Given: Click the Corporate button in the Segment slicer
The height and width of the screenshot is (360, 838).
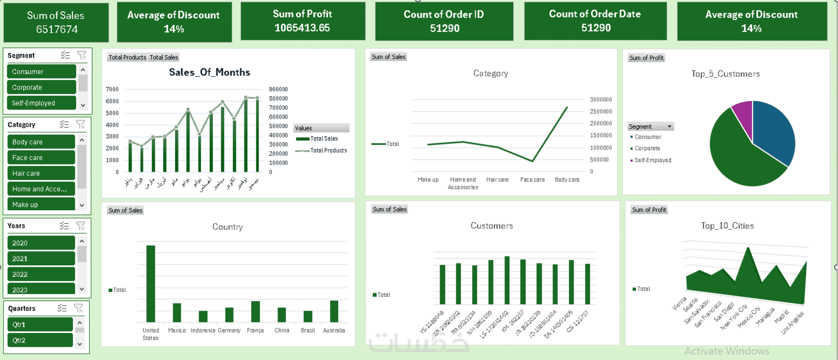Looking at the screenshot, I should point(41,87).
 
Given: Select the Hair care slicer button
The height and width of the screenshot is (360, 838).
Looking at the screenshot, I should point(41,173).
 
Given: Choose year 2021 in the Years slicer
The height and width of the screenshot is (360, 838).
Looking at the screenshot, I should point(41,258).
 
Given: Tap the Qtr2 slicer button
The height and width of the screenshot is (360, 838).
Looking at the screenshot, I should point(40,340).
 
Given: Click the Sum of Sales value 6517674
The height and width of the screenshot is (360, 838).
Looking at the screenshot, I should point(57,30).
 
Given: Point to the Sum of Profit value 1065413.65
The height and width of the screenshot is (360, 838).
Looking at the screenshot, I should point(302,28).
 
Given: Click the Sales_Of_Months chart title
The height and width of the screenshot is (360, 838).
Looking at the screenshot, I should point(209,72).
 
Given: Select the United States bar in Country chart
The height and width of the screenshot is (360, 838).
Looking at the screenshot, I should point(151,284).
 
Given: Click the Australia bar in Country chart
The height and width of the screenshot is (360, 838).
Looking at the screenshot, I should point(334,311).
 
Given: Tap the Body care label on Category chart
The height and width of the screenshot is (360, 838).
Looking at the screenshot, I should point(567,180).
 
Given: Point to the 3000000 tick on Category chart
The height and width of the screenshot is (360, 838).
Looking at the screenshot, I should point(600,100).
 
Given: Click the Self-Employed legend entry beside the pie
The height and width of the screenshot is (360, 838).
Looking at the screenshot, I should point(653,160).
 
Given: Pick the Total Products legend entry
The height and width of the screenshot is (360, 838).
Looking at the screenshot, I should point(328,150).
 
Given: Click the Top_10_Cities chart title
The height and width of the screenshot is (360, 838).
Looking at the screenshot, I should point(727,226).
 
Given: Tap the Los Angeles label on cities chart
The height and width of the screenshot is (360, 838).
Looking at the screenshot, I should point(793,323).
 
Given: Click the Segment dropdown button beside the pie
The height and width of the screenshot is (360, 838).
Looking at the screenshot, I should point(669,127).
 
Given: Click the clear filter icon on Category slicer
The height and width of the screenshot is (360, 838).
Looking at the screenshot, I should point(81,125).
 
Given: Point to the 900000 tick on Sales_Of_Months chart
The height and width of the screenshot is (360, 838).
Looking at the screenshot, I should point(278,89).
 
